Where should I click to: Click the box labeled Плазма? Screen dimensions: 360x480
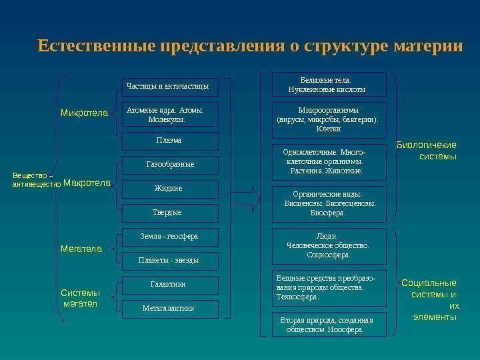coord(169,141)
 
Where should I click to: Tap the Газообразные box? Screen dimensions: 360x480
coord(169,164)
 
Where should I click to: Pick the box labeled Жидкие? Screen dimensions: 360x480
coord(169,189)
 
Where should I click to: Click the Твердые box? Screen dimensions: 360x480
coord(169,213)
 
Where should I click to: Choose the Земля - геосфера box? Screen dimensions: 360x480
coord(169,236)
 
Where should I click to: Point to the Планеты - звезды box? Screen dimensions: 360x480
coord(169,259)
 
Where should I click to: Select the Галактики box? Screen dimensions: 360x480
coord(169,285)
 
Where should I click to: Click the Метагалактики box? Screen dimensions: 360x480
coord(169,308)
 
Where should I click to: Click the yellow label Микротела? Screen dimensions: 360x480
coord(84,113)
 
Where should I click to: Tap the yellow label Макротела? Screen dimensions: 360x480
coord(87,183)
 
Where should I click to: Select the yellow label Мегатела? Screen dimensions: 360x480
coord(81,250)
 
